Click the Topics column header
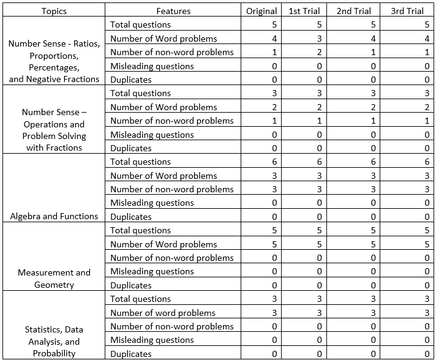55,11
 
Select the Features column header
173,11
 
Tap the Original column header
261,11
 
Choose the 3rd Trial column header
407,11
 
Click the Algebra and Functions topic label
55,216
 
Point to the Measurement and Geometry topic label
55,279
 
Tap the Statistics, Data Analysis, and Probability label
55,342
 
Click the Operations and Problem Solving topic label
55,130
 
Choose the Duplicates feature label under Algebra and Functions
131,217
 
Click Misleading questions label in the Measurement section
152,272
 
